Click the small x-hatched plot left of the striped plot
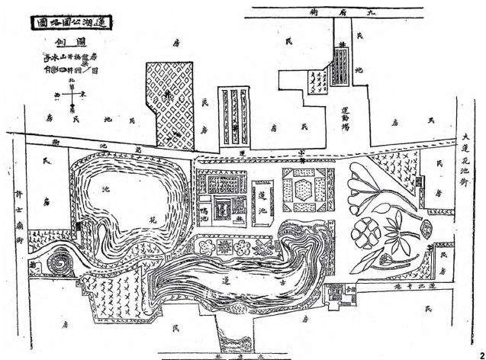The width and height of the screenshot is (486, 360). point(315,77)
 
